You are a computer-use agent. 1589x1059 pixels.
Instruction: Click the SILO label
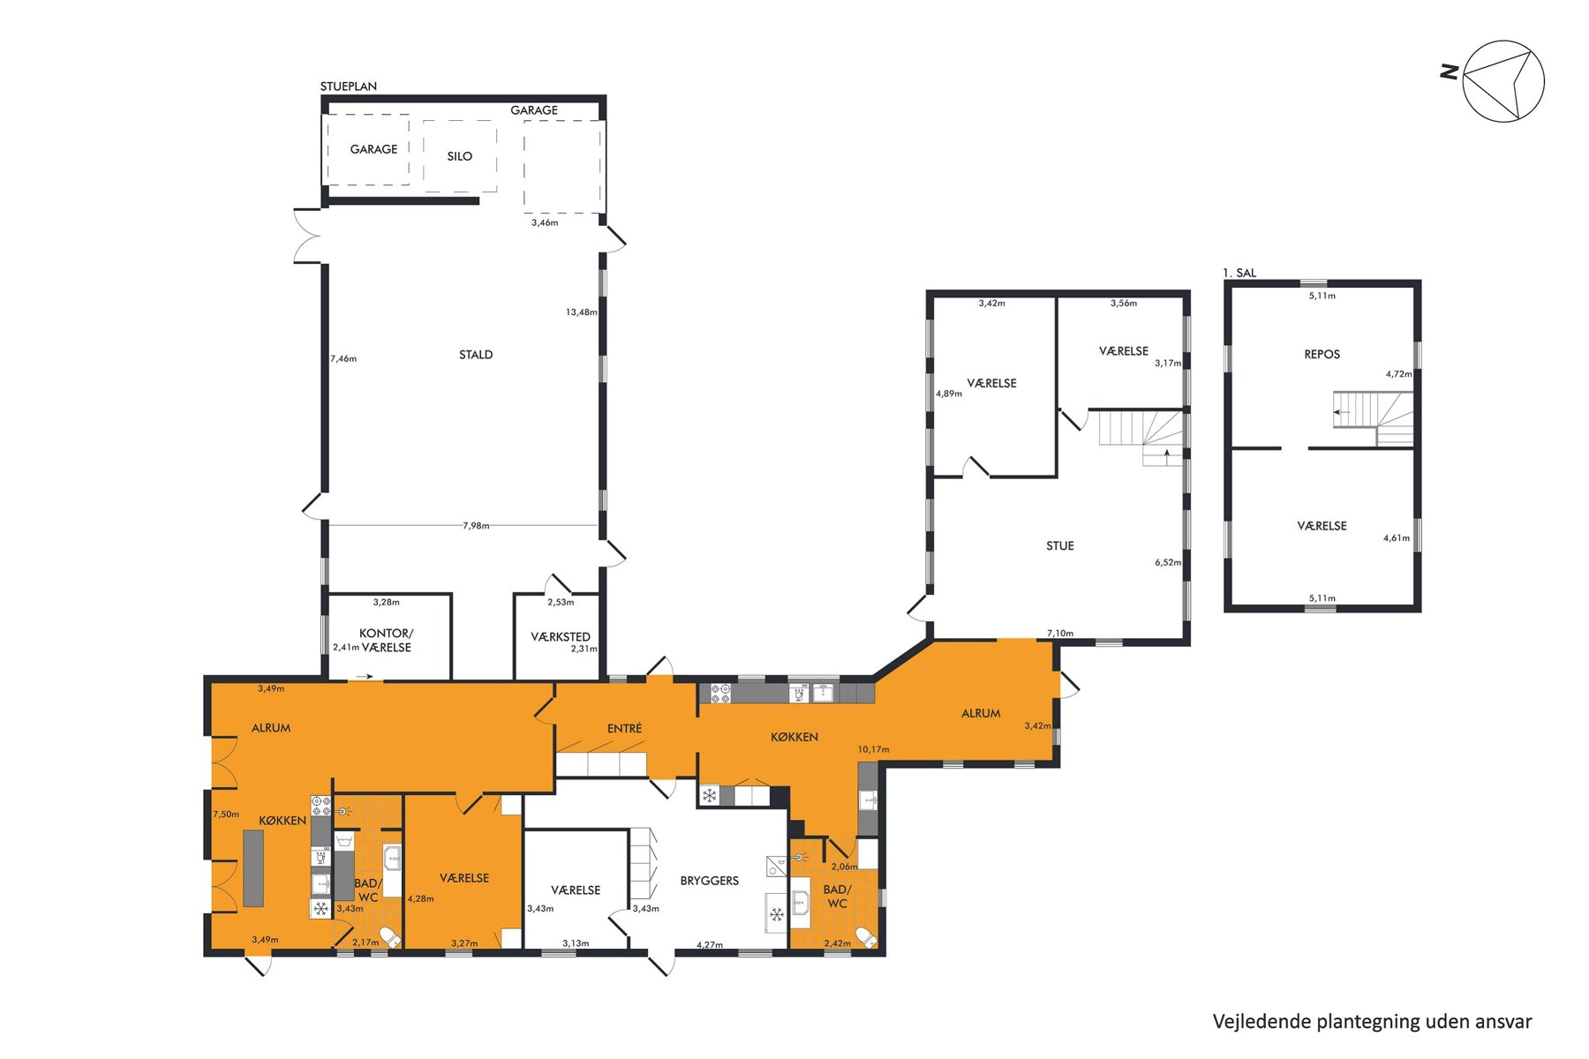coord(459,156)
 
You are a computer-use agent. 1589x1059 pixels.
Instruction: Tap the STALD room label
coord(476,355)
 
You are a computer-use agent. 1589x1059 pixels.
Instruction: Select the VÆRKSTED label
coord(561,636)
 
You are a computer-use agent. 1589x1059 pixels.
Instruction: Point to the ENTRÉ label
coord(625,728)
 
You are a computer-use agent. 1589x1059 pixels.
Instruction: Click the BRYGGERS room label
coord(710,881)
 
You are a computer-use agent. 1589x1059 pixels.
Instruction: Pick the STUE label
coord(1060,546)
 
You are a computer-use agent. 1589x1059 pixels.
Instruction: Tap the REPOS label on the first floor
coord(1322,355)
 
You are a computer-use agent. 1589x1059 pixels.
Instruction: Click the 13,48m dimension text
coord(582,312)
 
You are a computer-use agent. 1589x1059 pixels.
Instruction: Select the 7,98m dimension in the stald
coord(476,526)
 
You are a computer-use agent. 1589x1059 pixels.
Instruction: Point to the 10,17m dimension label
coord(874,749)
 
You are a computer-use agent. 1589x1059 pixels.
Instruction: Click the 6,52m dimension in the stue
coord(1168,562)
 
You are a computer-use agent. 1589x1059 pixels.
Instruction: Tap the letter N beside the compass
coord(1449,72)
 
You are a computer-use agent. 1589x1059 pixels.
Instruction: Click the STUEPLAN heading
coord(349,86)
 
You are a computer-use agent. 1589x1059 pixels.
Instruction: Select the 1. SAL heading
coord(1239,273)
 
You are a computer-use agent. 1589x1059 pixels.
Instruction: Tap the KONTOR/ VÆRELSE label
coord(386,640)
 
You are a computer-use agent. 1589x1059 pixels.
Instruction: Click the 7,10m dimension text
coord(1060,633)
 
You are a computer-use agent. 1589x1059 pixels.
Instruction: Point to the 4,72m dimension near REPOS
coord(1398,374)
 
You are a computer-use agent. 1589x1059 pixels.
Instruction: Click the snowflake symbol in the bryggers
coord(777,914)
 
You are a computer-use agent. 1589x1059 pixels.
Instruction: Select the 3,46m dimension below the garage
coord(545,222)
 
